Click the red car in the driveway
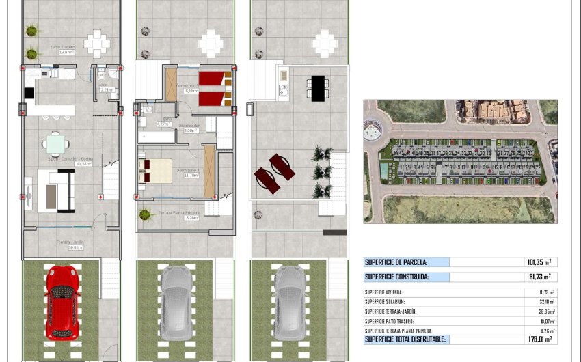(x=63, y=301)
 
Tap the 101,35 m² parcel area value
(x=538, y=262)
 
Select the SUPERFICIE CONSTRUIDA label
(x=396, y=277)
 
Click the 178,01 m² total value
(x=538, y=339)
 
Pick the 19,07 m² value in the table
(x=545, y=320)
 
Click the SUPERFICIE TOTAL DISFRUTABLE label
(x=405, y=339)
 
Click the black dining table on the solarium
(x=318, y=88)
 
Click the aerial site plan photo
(x=460, y=161)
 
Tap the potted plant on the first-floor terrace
(x=145, y=214)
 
